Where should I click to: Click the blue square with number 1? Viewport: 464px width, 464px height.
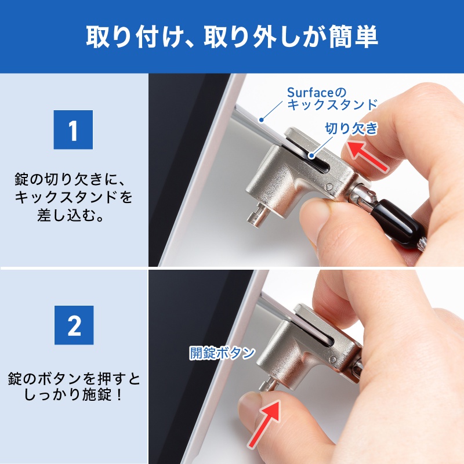coord(73,130)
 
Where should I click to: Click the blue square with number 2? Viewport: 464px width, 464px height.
coord(73,326)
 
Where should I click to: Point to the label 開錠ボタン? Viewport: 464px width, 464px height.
coord(222,353)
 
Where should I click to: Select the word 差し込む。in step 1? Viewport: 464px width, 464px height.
coord(73,216)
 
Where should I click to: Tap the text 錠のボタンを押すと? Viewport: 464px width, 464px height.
coord(73,380)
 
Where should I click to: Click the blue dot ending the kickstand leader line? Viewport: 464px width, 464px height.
coord(262,120)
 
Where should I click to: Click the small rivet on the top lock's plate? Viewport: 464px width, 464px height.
coord(329,187)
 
